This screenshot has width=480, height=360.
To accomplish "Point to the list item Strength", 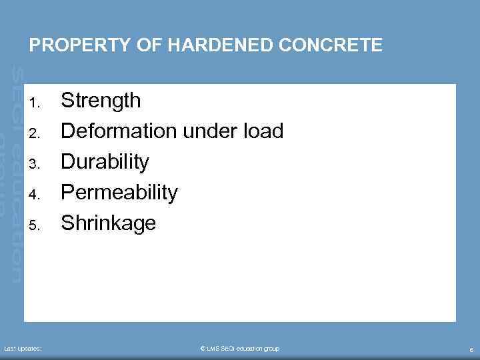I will coord(101,101).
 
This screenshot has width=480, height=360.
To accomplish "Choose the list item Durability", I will coord(105,162).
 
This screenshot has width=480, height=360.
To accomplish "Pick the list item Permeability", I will coord(119,193).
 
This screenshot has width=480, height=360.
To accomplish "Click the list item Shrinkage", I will coord(108,223).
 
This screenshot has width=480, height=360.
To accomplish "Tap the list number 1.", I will coord(37,103).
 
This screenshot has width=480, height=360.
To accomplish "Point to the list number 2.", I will coord(37,133).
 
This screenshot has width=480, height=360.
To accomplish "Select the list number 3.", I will coord(37,164).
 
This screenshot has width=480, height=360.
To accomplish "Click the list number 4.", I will coord(37,195).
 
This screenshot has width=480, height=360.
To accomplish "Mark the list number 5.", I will coord(37,225).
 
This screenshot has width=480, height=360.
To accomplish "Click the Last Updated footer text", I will coord(23,349).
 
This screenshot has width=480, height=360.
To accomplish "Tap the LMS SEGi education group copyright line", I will coord(240,349).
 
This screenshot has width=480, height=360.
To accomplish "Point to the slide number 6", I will coord(471,349).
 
